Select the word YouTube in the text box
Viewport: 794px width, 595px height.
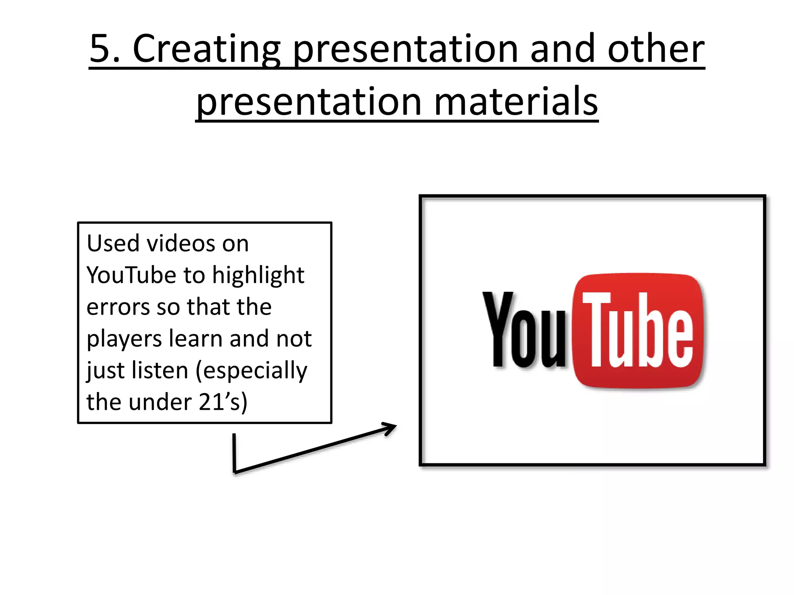coord(131,275)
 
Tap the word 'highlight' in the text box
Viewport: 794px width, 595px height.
coord(258,275)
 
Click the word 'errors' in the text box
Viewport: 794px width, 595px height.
coord(118,307)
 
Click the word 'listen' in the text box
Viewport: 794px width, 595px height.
coord(160,370)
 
